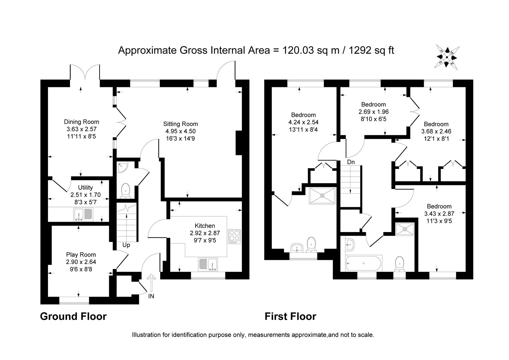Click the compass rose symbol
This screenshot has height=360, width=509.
[447, 57]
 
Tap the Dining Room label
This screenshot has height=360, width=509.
[81, 122]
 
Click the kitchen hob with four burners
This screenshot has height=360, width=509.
[235, 237]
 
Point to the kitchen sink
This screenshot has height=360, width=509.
[208, 265]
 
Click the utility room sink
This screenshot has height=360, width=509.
[84, 215]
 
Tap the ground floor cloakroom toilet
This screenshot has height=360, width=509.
[126, 190]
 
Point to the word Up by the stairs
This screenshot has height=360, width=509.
[126, 245]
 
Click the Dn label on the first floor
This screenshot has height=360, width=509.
[351, 162]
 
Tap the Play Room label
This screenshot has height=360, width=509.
[81, 255]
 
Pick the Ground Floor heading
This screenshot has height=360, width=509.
[73, 316]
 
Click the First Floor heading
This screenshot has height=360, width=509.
[290, 316]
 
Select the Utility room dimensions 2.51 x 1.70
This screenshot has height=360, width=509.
[85, 195]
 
